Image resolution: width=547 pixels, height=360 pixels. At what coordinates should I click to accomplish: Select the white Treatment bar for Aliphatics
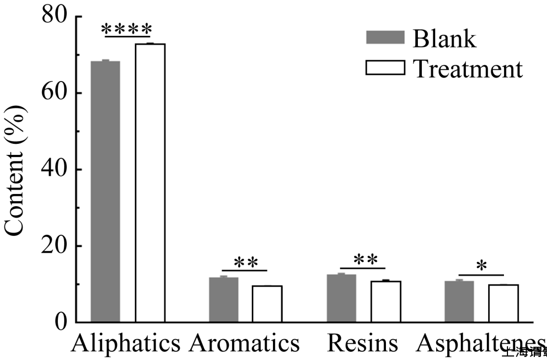150,183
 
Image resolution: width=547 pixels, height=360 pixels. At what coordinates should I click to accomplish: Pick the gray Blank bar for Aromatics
223,300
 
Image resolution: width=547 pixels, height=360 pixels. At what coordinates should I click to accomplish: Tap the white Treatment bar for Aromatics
267,304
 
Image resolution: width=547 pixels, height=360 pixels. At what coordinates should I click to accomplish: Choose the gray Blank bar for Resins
341,298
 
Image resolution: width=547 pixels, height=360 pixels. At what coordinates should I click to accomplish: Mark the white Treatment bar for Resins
385,302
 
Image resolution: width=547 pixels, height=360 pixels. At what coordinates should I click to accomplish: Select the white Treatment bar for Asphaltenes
503,303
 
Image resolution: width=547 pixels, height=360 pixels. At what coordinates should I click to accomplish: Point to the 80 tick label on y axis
55,16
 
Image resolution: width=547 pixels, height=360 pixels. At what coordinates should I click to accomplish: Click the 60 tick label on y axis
55,93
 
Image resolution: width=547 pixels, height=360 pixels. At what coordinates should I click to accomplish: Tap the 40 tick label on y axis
55,169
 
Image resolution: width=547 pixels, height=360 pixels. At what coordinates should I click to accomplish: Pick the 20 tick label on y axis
55,246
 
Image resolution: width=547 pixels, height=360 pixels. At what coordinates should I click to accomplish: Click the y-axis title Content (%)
15,170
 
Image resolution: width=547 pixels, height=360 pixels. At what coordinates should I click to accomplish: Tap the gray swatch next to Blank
385,37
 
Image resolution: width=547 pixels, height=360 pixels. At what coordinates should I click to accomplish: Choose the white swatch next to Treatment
385,67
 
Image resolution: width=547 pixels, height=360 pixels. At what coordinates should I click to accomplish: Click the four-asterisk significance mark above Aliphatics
127,28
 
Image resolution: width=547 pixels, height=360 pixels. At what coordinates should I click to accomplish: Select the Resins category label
362,343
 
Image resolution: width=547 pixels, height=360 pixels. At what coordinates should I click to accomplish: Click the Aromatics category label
245,343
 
